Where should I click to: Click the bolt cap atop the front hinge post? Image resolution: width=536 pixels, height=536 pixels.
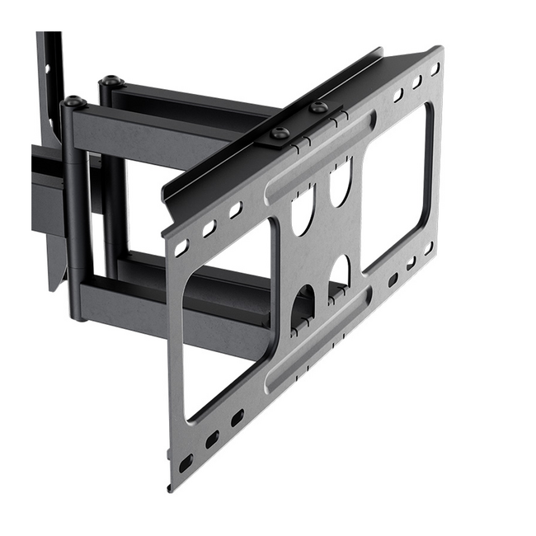pyautogui.click(x=75, y=102)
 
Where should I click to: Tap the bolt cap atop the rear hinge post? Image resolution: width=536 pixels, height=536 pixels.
pyautogui.click(x=111, y=82)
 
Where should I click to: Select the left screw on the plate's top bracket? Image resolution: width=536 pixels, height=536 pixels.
pyautogui.click(x=280, y=132)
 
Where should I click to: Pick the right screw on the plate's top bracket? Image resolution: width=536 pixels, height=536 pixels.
pyautogui.click(x=318, y=107)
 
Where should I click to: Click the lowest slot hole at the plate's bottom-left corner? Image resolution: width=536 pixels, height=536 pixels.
pyautogui.click(x=186, y=463)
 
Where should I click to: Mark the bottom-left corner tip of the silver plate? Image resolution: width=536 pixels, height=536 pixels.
pyautogui.click(x=171, y=487)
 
